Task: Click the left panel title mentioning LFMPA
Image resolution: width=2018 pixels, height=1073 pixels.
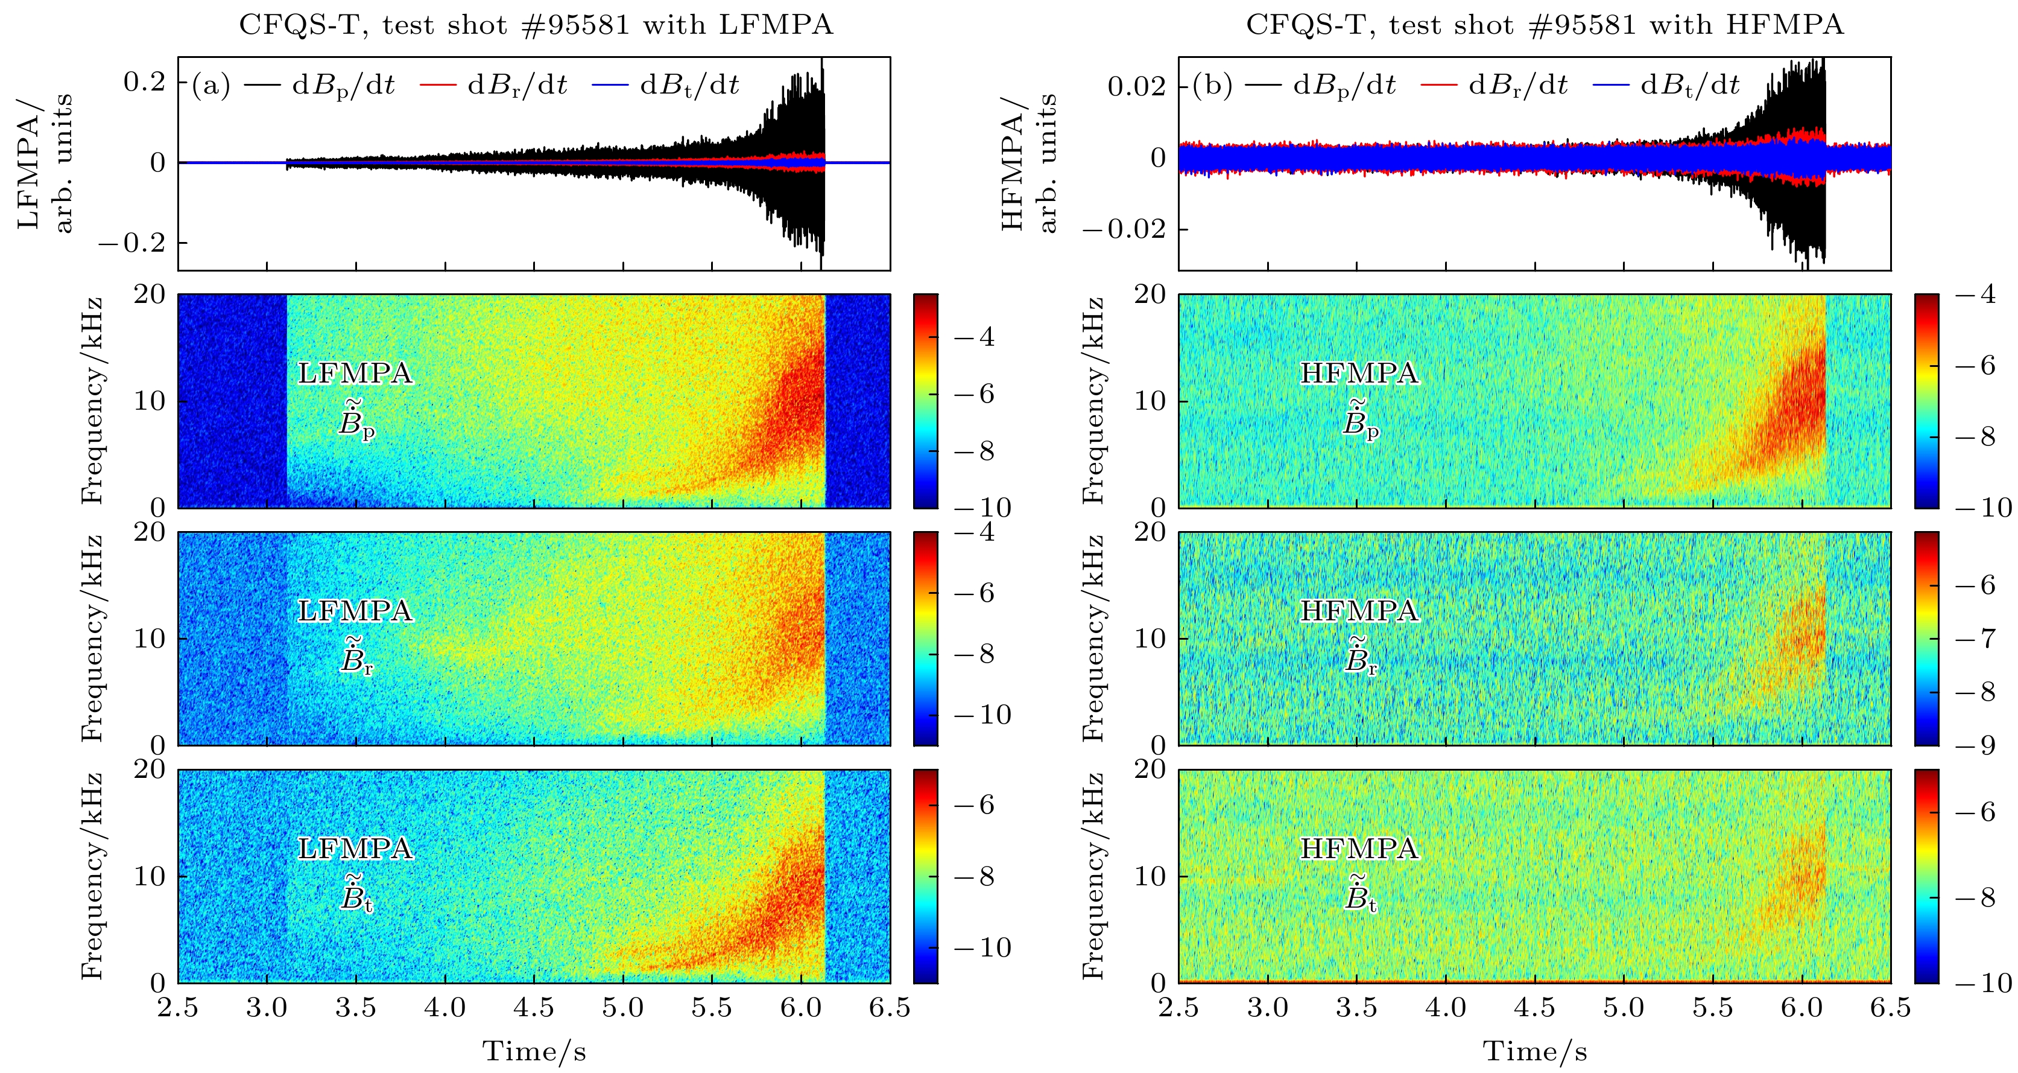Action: [535, 25]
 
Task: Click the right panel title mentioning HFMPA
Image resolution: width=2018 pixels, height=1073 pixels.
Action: [1544, 25]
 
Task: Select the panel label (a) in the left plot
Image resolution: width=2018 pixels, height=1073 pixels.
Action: [210, 84]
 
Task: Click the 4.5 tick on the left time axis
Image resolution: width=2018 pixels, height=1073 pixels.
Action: [534, 1008]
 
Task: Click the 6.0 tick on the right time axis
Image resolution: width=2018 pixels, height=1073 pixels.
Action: [1802, 1008]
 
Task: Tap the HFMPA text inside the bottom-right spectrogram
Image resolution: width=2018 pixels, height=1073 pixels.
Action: [1359, 849]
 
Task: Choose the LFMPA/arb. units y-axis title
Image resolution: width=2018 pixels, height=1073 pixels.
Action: [45, 162]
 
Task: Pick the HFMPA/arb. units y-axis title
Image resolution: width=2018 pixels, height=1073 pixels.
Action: [1028, 162]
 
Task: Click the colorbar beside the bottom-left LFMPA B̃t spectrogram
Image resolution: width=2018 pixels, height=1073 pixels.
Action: [925, 876]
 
